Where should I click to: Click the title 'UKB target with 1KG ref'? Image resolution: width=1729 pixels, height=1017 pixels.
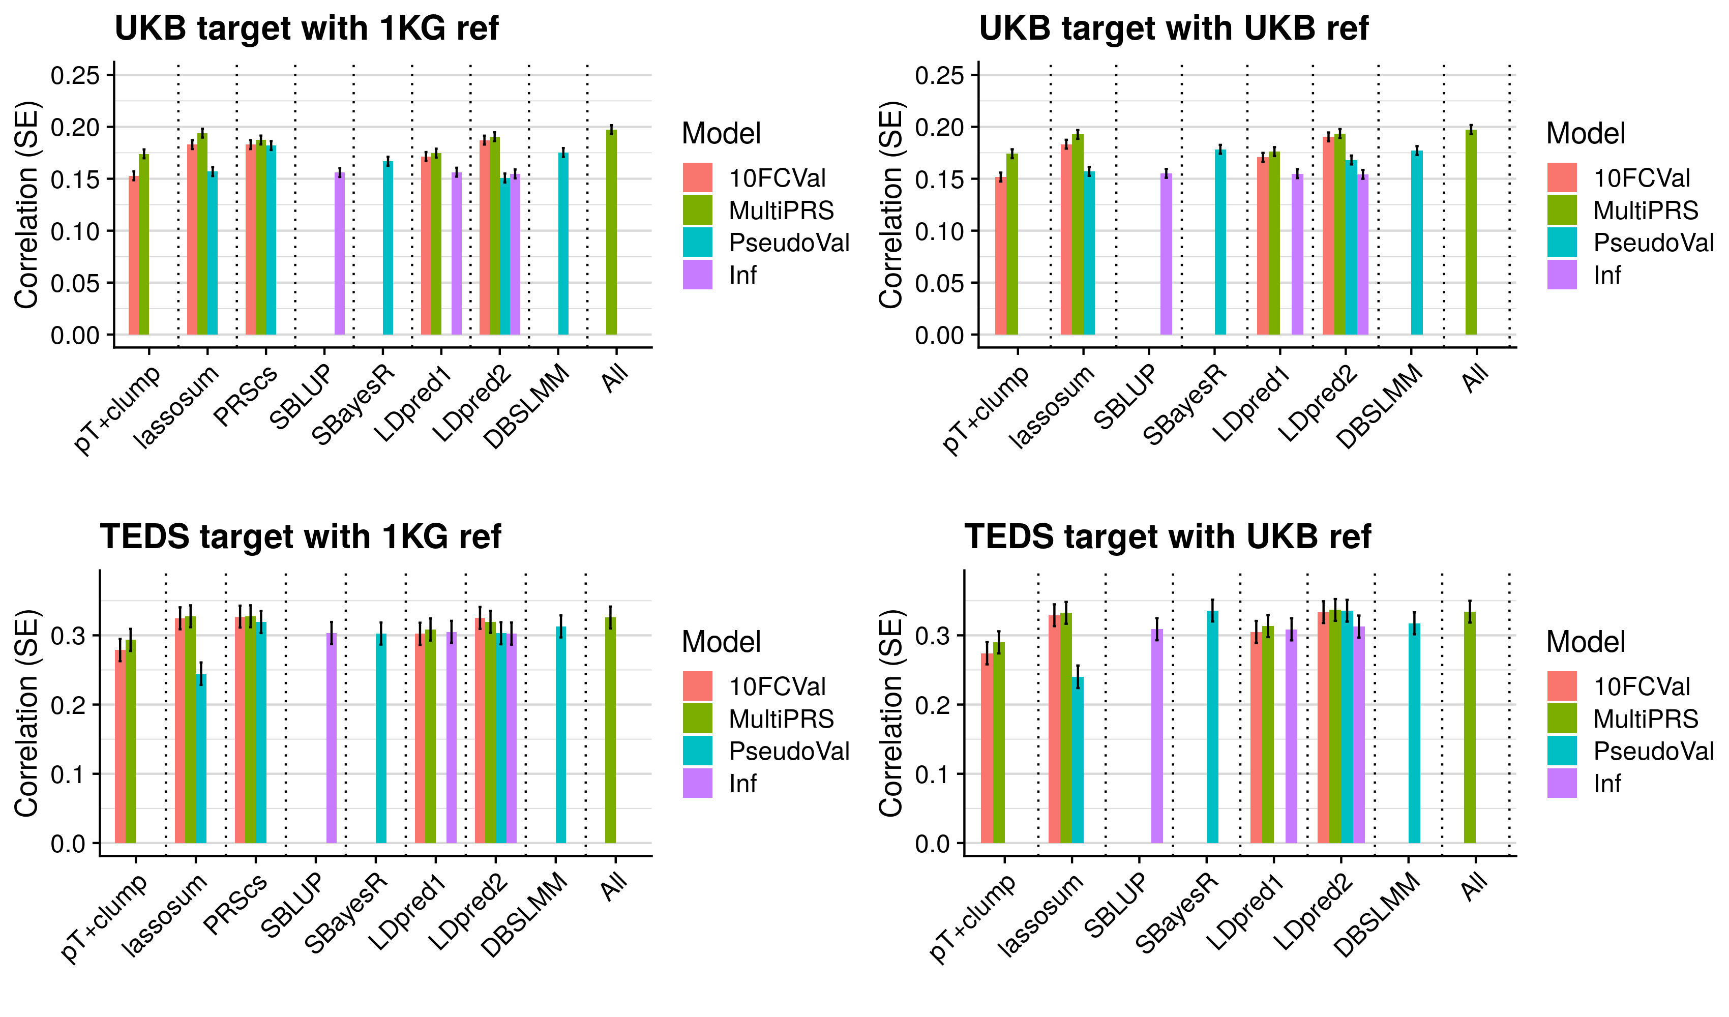click(x=306, y=29)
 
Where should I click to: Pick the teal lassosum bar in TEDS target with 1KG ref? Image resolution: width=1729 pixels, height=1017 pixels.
click(x=201, y=758)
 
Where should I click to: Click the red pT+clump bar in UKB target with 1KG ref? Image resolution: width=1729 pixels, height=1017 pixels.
click(x=134, y=255)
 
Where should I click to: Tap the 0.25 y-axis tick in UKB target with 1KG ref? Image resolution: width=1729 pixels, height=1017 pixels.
click(x=75, y=75)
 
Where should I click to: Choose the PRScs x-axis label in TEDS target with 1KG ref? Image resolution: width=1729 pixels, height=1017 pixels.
click(x=236, y=906)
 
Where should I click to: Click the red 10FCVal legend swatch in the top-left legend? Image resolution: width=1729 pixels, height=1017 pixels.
click(x=697, y=178)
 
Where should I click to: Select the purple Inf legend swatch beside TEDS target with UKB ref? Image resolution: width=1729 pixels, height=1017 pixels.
click(x=1562, y=783)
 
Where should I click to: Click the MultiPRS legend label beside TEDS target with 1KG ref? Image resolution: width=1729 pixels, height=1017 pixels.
click(x=781, y=719)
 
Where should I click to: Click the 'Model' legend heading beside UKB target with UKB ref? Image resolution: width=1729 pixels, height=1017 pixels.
click(x=1585, y=134)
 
